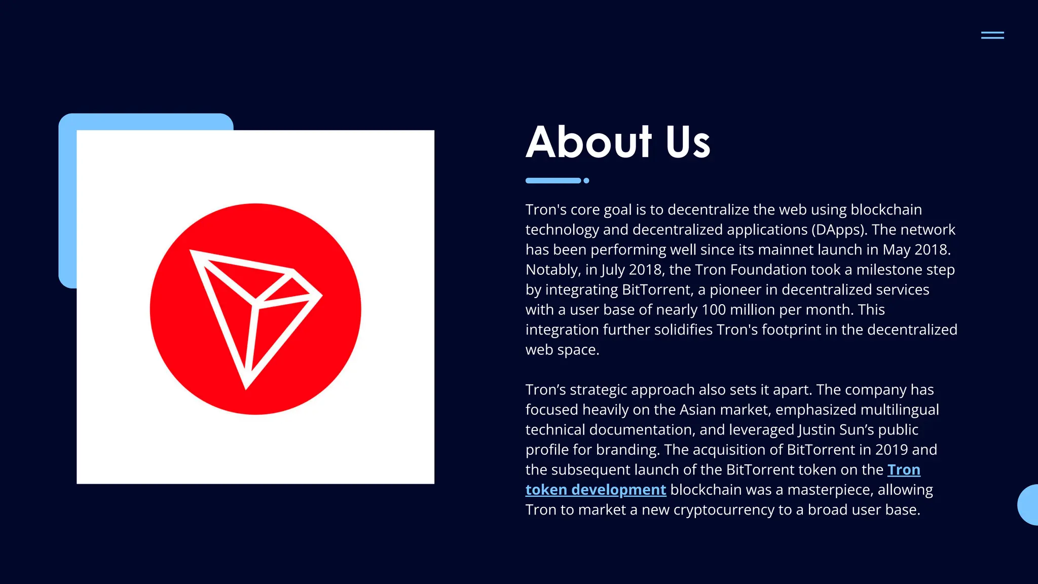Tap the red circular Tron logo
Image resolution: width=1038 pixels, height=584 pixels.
click(255, 309)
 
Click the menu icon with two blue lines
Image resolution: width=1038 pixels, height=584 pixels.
click(992, 35)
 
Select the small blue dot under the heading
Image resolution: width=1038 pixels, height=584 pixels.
click(586, 180)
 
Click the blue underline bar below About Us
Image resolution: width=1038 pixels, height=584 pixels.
click(553, 180)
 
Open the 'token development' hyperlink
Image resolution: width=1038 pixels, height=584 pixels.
click(596, 490)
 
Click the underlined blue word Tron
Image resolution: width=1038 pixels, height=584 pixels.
click(904, 470)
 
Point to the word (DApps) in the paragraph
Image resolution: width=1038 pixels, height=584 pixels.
click(839, 230)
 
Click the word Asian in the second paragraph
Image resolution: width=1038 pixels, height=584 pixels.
click(697, 410)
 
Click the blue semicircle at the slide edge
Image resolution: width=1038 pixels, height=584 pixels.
click(1029, 505)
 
